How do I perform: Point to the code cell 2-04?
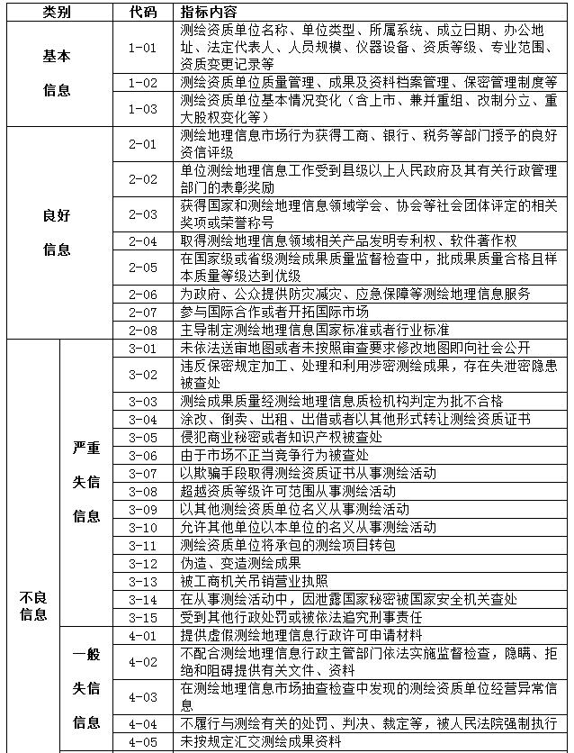(x=143, y=240)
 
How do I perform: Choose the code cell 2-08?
(x=143, y=329)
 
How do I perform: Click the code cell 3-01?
(x=143, y=347)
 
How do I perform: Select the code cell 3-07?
(x=143, y=473)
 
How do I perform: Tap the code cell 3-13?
(x=143, y=581)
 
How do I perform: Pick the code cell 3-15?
(x=143, y=617)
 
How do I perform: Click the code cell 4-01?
(x=143, y=635)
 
